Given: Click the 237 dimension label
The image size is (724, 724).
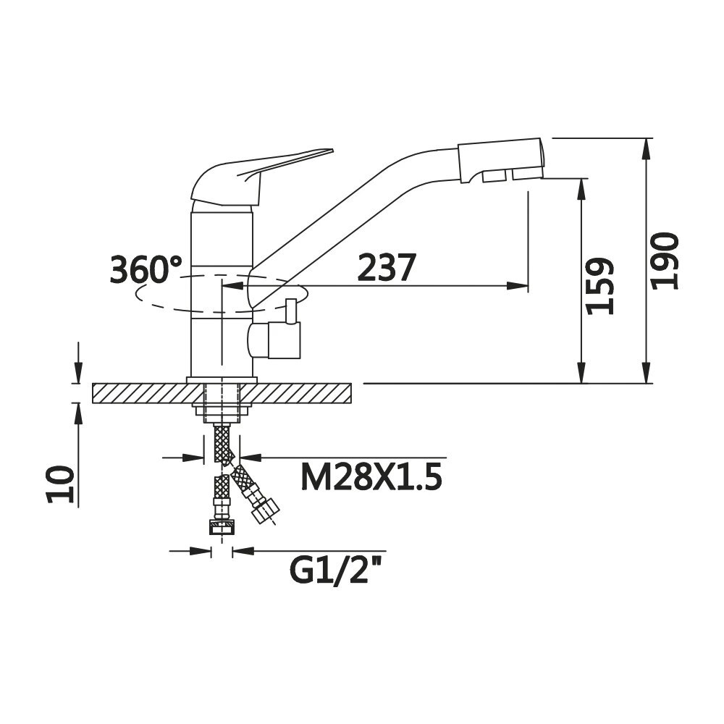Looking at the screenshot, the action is coord(387,267).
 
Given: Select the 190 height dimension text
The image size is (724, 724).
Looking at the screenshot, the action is coord(665,261).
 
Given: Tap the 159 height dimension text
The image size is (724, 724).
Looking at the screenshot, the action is coord(599,286).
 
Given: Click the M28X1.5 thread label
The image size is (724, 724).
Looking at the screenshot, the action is coord(371,476).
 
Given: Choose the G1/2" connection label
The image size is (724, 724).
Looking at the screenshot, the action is coord(337,571).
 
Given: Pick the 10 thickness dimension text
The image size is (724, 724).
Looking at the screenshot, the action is coord(60,484).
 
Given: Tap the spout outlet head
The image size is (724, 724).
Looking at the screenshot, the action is coord(500,160).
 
